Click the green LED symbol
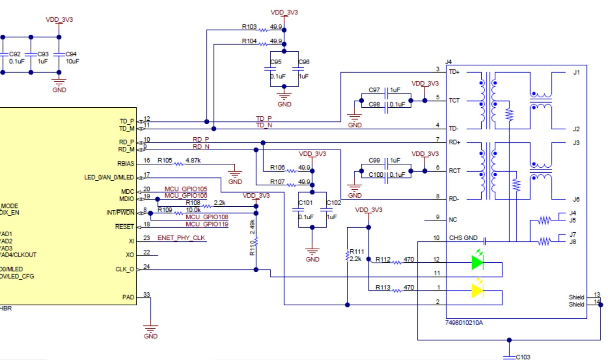click(x=477, y=262)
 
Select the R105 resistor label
click(x=165, y=160)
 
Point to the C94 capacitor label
click(x=71, y=54)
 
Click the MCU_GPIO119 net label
click(x=207, y=224)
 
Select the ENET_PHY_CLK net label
click(x=181, y=238)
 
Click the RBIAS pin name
click(x=125, y=164)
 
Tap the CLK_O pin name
click(x=125, y=269)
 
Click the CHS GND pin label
click(x=463, y=238)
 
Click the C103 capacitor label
click(x=523, y=357)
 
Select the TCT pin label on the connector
click(x=454, y=100)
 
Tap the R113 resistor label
click(x=383, y=287)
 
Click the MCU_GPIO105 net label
click(x=185, y=189)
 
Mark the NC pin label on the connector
click(x=453, y=220)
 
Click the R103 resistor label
click(x=249, y=26)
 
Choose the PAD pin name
click(x=128, y=297)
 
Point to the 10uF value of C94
click(x=72, y=61)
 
